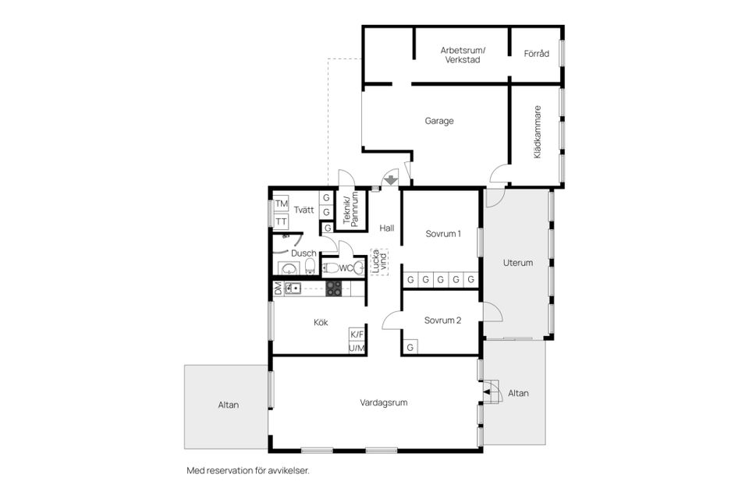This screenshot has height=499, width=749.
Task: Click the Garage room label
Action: (x=439, y=121)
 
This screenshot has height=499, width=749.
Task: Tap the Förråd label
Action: (x=537, y=54)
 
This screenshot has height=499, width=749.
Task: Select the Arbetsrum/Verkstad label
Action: (x=463, y=55)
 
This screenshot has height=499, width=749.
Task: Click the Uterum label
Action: (x=517, y=263)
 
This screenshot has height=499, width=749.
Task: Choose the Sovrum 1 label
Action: (x=443, y=233)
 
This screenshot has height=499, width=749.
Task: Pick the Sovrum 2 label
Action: (x=443, y=320)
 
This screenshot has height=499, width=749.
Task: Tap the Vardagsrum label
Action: (x=384, y=403)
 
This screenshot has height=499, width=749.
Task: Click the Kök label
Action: (x=321, y=322)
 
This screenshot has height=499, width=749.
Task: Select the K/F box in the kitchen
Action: (x=357, y=334)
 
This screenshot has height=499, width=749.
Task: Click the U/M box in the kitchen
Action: (x=357, y=348)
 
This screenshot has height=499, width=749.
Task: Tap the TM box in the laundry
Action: (x=281, y=204)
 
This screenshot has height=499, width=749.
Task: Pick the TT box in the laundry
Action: (x=281, y=221)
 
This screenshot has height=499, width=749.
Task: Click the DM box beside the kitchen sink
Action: (x=278, y=288)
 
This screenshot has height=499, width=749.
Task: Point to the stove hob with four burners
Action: (x=334, y=288)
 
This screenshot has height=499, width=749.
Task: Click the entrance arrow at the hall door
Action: (x=389, y=181)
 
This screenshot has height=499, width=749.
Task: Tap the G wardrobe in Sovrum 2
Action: (x=410, y=347)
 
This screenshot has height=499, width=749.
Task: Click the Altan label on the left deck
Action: (x=228, y=405)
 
